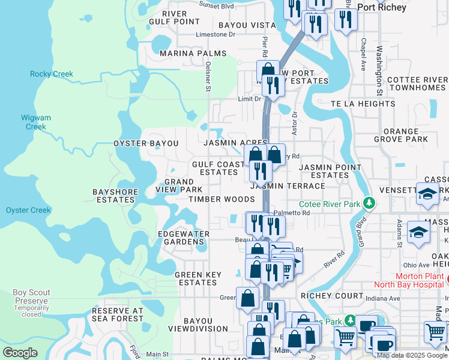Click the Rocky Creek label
point(52,74)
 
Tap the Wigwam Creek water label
point(35,122)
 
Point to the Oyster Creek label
point(28,210)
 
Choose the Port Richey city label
point(382,8)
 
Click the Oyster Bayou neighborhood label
point(146,143)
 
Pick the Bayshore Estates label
point(115,196)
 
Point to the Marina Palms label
point(193,53)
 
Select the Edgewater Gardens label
point(183,238)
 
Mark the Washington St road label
point(380,71)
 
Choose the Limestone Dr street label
point(217,35)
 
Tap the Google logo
point(20,352)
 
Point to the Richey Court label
point(332,296)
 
